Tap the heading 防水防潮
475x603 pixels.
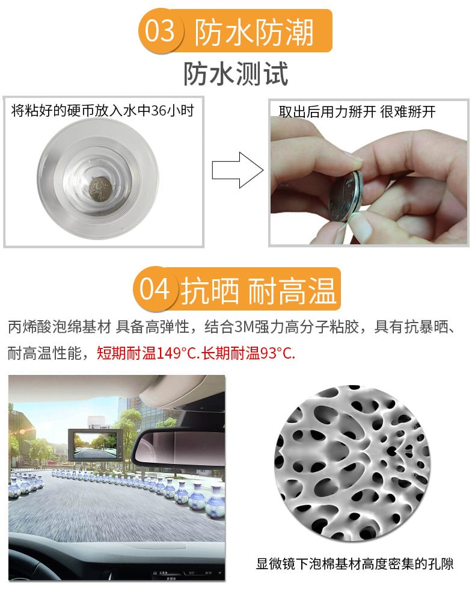coord(254,32)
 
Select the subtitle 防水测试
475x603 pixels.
coord(236,73)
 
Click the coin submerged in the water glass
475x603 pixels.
coord(100,189)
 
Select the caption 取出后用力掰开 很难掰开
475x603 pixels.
coord(357,112)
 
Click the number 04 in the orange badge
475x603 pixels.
coord(154,289)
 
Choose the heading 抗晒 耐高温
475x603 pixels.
coord(259,291)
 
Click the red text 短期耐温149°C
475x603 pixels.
coord(148,353)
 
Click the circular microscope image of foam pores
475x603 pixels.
coord(352,462)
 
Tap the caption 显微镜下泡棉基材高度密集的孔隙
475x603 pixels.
coord(354,564)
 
